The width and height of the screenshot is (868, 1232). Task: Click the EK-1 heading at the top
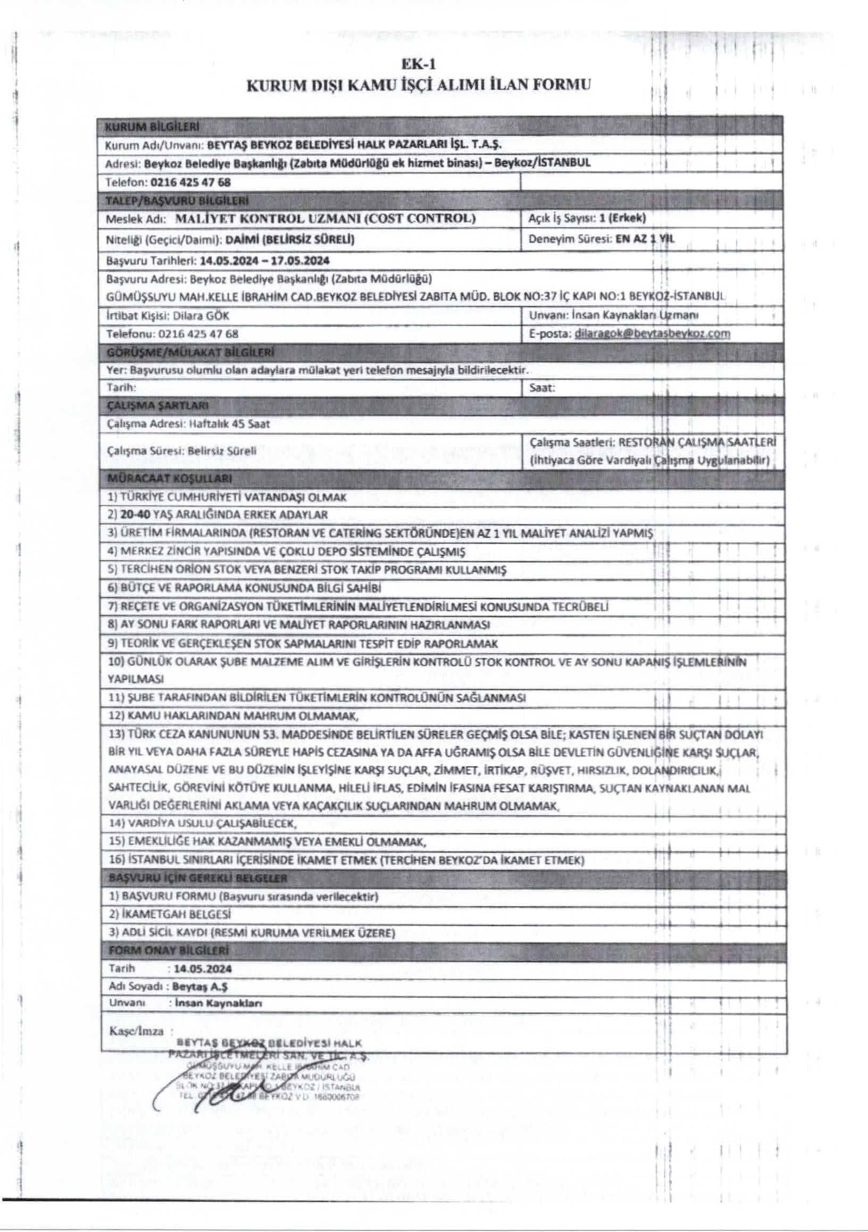[x=419, y=64]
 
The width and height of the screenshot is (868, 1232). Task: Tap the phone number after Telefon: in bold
[x=191, y=182]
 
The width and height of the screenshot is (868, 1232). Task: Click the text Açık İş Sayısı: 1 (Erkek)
[x=587, y=218]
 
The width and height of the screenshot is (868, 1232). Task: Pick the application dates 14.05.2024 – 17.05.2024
[x=264, y=261]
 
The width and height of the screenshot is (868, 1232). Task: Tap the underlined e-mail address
[x=652, y=333]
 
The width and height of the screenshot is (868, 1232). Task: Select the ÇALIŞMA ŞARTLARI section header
[x=158, y=405]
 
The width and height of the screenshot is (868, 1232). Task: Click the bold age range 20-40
[x=131, y=514]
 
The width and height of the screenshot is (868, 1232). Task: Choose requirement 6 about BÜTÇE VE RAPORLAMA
[x=245, y=588]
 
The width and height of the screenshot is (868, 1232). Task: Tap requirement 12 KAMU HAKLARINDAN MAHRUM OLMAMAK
[x=234, y=716]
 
